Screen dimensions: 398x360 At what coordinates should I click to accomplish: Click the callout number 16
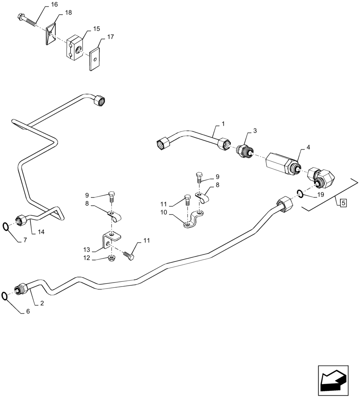pyautogui.click(x=54, y=4)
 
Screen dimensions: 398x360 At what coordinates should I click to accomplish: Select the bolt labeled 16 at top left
pyautogui.click(x=27, y=20)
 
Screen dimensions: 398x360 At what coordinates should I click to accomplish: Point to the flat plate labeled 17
pyautogui.click(x=94, y=59)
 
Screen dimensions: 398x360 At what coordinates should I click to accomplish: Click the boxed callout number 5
pyautogui.click(x=344, y=203)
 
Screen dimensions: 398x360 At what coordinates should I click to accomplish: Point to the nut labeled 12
pyautogui.click(x=112, y=259)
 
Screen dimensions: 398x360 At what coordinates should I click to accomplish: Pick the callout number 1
pyautogui.click(x=223, y=124)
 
